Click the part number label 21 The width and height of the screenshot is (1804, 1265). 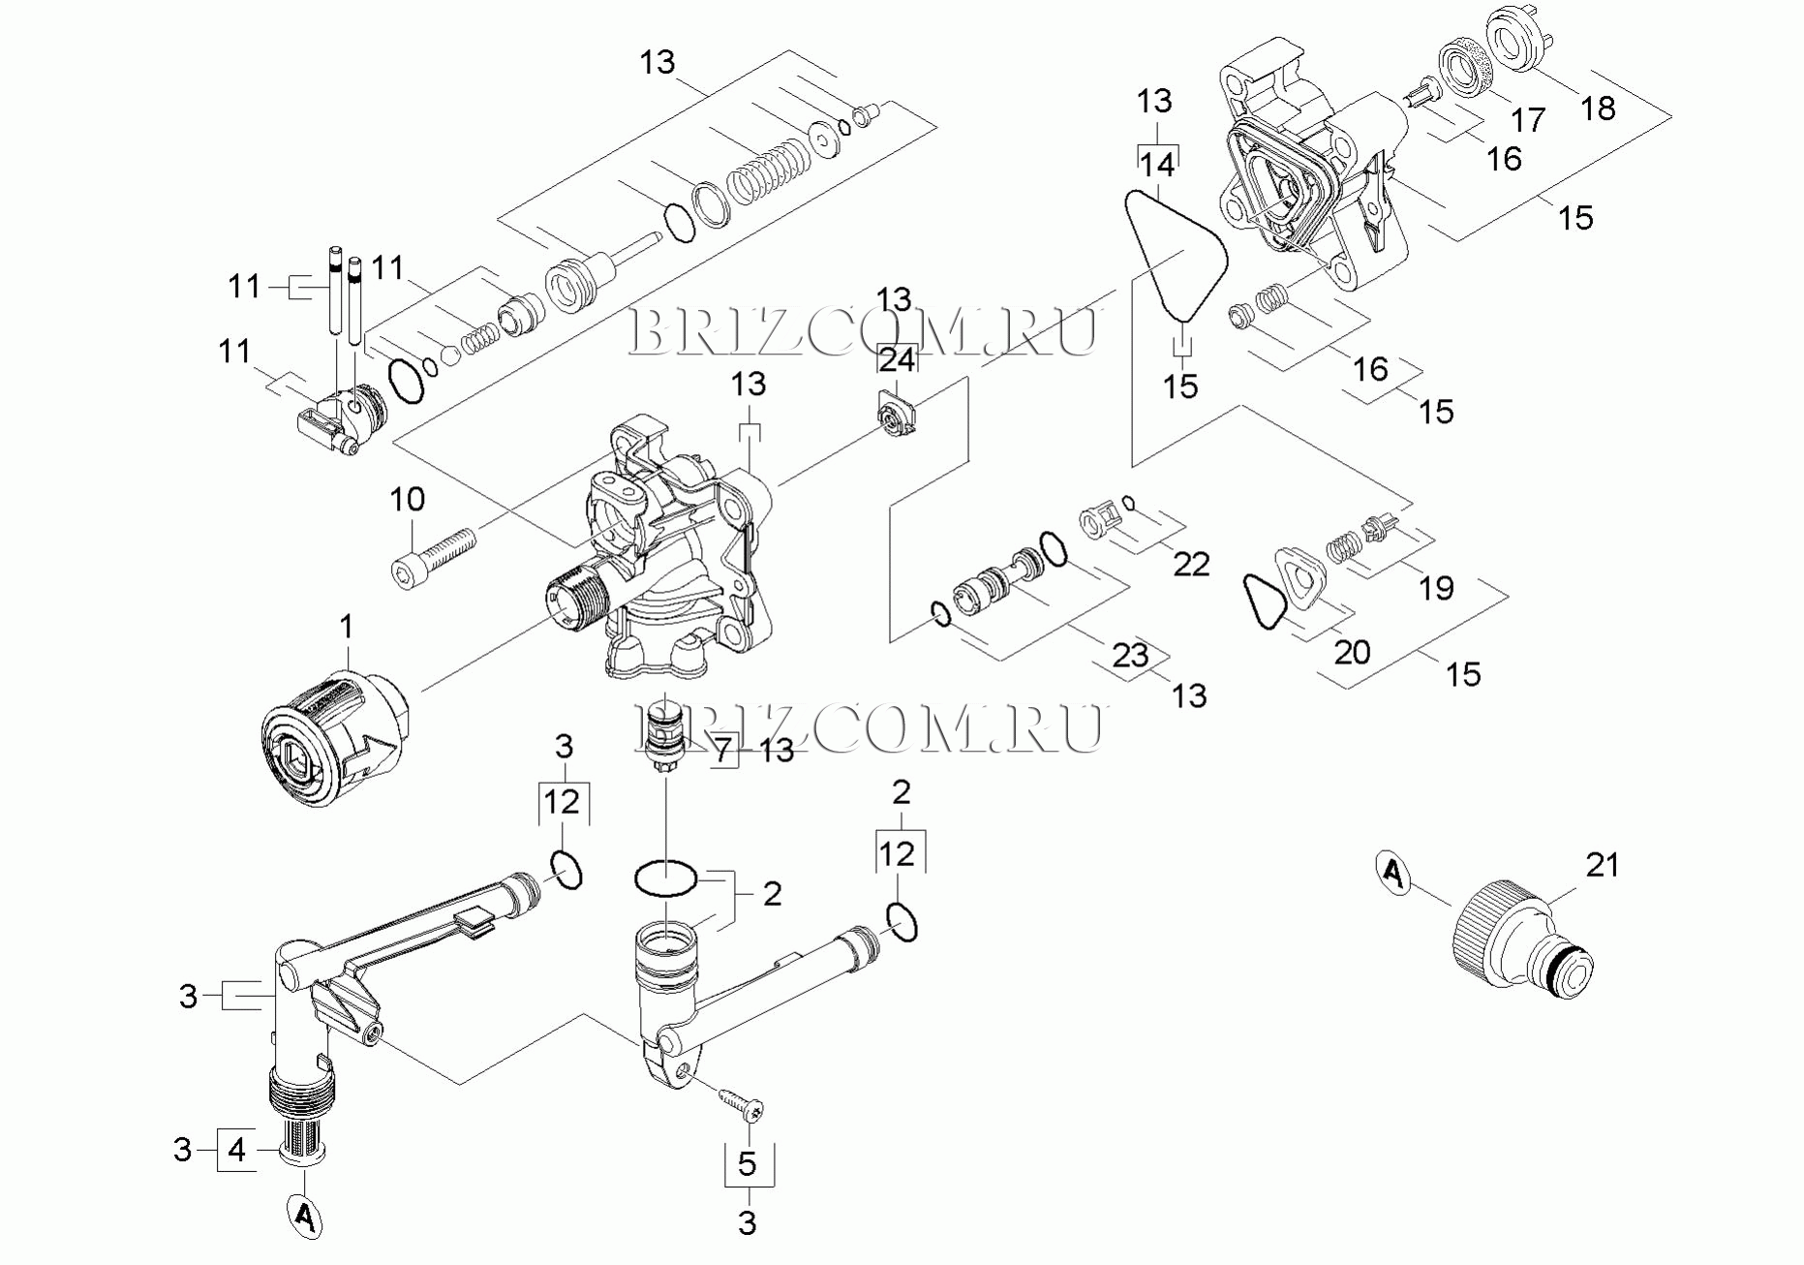click(x=1602, y=864)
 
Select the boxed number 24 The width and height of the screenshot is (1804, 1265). click(x=897, y=360)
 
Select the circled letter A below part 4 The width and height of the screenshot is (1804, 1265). click(x=304, y=1215)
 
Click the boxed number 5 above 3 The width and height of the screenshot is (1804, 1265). click(x=747, y=1163)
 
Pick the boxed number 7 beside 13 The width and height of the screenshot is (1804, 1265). click(x=723, y=750)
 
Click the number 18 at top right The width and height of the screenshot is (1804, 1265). click(x=1598, y=108)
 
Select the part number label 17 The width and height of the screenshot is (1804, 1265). click(x=1528, y=120)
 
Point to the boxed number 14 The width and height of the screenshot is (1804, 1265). click(x=1156, y=165)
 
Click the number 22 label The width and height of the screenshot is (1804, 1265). click(x=1191, y=564)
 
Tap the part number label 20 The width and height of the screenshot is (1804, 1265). click(x=1352, y=652)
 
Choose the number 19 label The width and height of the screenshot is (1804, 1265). click(x=1436, y=587)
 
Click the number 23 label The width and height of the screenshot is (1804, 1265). click(x=1130, y=656)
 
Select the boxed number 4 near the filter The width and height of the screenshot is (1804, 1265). click(x=237, y=1150)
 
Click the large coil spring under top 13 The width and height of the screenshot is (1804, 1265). click(x=768, y=173)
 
